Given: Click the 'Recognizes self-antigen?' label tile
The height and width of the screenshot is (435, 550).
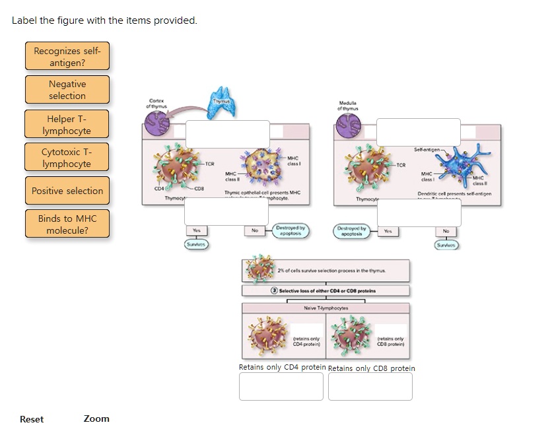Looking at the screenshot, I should [67, 57].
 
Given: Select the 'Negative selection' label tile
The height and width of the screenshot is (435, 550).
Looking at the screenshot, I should [67, 90].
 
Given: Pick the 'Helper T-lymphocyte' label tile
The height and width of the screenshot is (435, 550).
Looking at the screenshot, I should [67, 124].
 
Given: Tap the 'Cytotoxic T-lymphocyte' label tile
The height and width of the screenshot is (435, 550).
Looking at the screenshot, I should [67, 157].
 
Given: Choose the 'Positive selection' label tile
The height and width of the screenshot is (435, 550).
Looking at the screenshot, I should [67, 191].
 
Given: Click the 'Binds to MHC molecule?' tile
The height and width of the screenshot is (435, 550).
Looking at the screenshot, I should [67, 224].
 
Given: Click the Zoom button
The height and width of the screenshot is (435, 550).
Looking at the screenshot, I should [96, 418].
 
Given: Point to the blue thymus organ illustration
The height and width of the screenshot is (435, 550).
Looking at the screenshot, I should [221, 102].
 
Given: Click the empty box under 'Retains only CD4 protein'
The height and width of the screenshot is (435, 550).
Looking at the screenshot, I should [281, 386].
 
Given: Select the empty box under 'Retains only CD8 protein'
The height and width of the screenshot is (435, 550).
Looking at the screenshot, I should [370, 386].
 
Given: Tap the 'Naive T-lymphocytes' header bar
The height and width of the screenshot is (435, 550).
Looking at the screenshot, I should [326, 308].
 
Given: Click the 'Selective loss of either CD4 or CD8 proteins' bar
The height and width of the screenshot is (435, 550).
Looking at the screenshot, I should [326, 290].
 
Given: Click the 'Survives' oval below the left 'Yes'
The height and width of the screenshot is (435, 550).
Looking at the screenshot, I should [196, 244].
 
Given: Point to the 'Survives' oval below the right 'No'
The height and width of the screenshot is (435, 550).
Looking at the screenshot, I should [446, 244].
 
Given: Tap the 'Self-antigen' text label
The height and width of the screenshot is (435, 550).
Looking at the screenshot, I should [429, 151].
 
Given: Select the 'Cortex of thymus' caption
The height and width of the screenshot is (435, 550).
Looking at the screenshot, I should [157, 103].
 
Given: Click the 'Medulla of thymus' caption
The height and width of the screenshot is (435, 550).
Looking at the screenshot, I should [347, 106].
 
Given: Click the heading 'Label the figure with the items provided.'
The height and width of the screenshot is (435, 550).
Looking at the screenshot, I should [104, 20].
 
